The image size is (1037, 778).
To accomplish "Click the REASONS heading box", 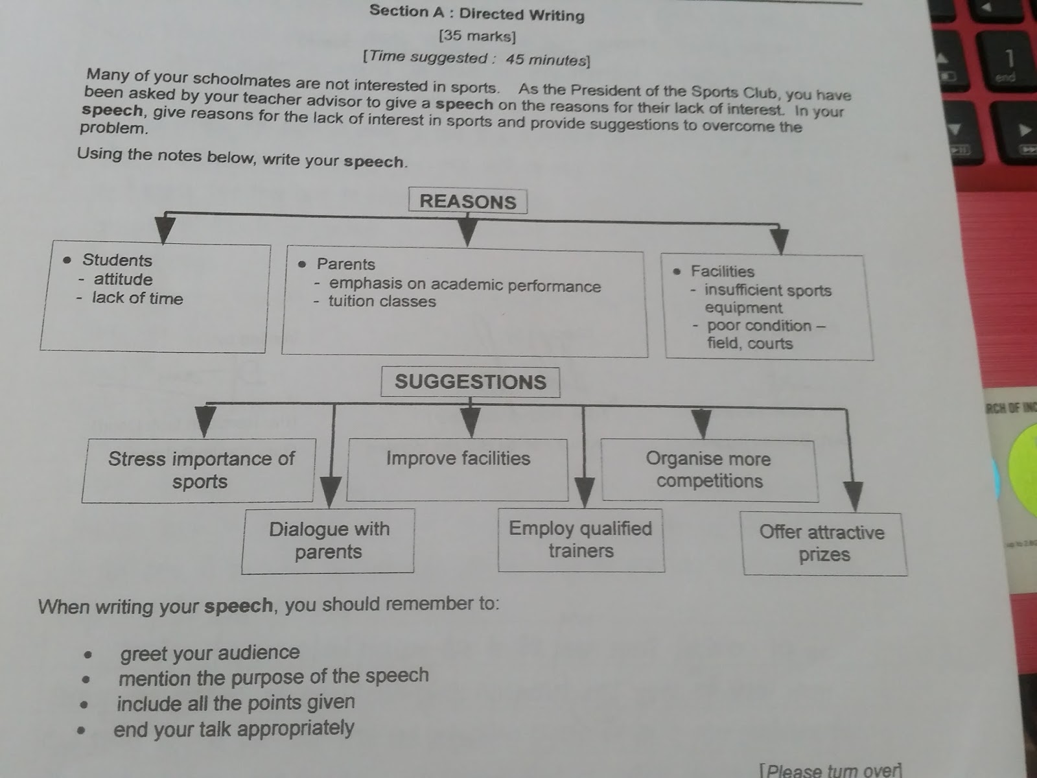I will [467, 201].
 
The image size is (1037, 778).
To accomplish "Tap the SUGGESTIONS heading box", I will [470, 381].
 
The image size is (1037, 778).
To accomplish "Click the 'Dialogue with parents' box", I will [329, 541].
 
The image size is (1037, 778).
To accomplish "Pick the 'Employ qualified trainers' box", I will [581, 539].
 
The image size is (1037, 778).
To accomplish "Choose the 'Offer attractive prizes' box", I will [824, 543].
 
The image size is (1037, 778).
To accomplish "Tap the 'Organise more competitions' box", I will [709, 470].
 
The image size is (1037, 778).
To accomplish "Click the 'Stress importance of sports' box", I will [200, 470].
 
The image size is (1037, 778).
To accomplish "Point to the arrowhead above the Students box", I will [165, 230].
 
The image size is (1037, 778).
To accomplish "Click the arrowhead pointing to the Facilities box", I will [780, 241].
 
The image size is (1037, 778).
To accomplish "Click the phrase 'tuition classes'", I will [382, 301].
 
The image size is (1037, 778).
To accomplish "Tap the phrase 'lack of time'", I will [137, 298].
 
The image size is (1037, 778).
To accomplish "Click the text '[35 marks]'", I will [477, 36].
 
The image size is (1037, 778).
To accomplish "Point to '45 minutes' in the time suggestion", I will [547, 60].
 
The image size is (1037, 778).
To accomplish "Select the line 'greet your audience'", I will [210, 652].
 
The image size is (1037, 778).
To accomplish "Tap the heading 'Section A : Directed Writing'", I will [477, 13].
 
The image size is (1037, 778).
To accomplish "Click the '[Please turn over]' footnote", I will [831, 770].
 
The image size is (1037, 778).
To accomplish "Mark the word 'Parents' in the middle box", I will [346, 264].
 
